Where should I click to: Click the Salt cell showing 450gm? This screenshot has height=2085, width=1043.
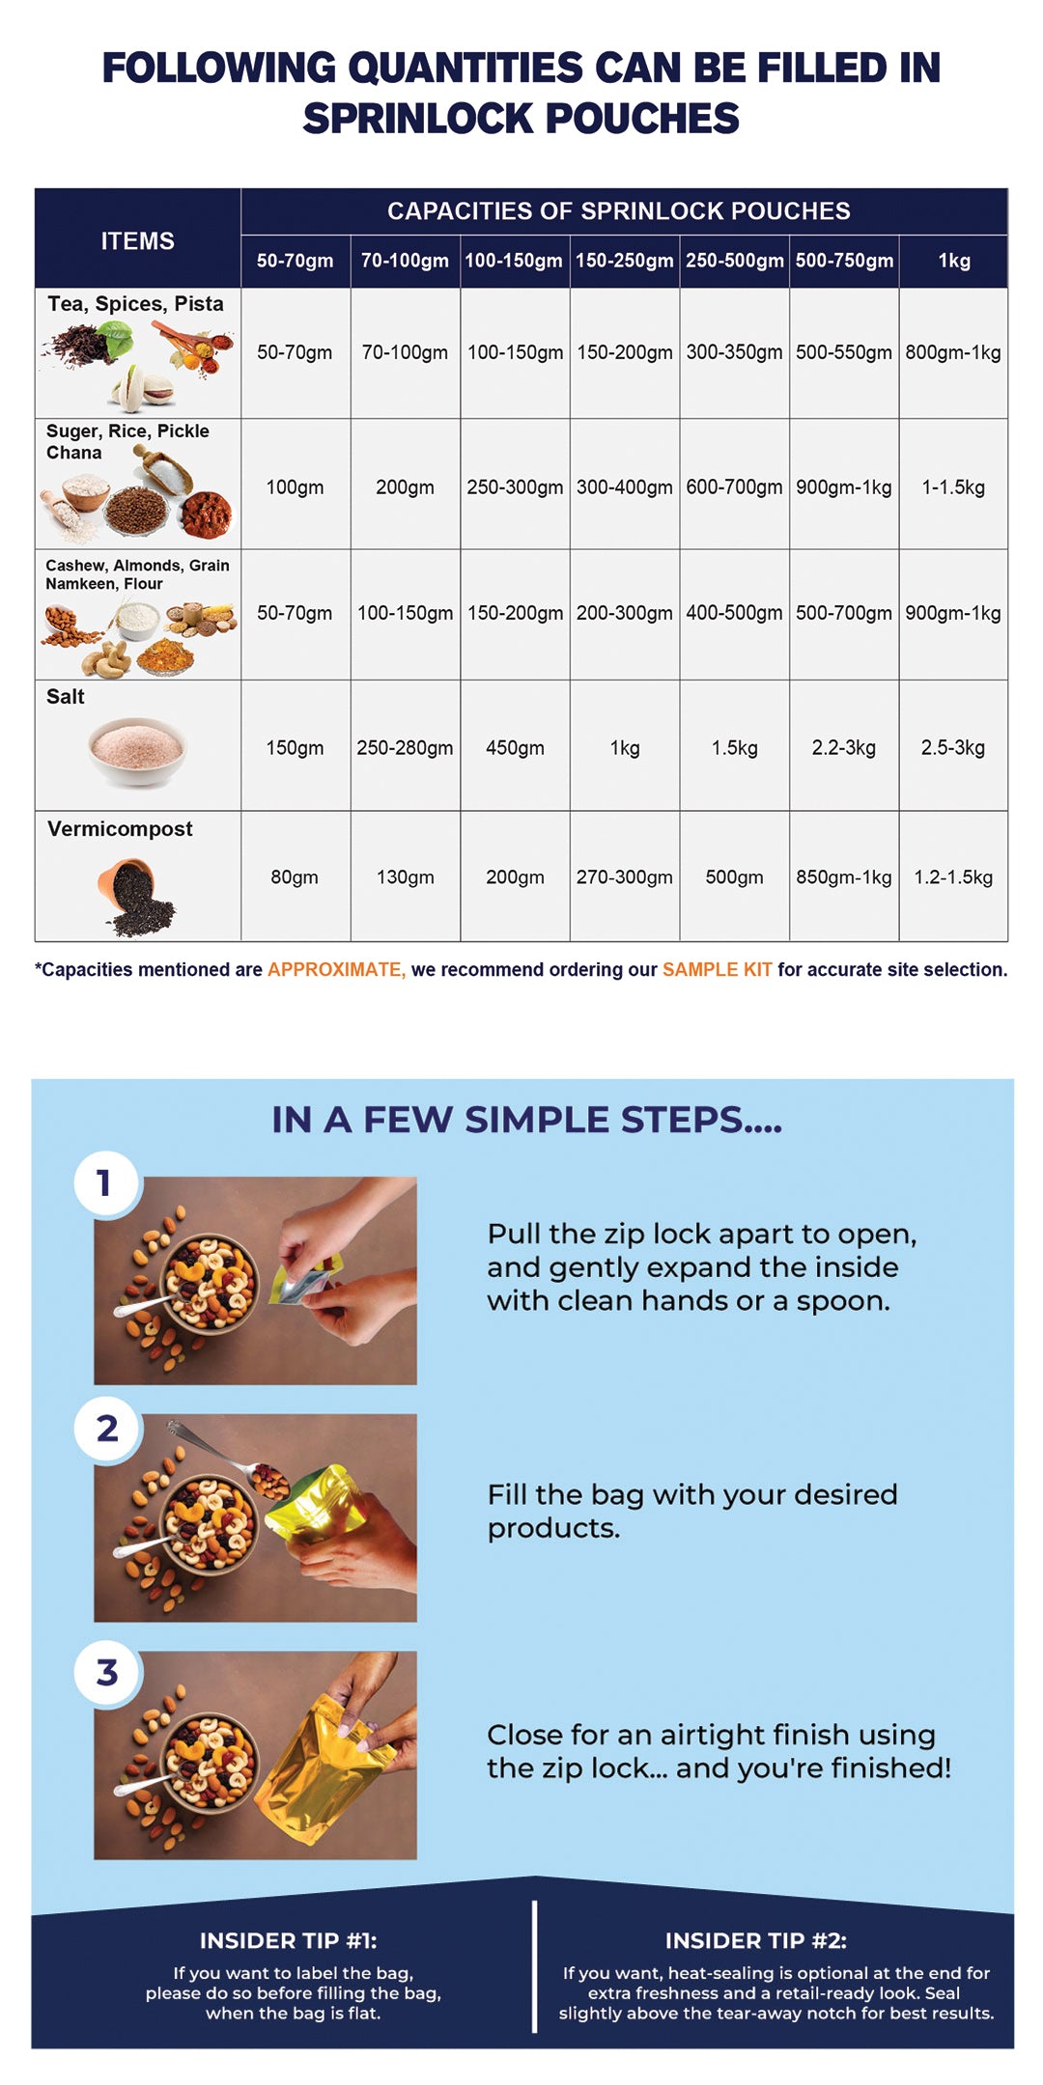515,747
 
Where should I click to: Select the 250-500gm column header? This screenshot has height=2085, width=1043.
735,261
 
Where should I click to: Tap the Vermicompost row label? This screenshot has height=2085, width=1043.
120,829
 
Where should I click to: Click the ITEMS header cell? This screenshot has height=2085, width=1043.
138,240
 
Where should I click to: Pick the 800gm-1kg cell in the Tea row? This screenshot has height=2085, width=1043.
953,352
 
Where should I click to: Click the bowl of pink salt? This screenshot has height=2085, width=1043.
137,752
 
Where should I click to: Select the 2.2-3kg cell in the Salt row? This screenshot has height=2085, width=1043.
844,747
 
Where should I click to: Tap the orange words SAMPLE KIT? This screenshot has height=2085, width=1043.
718,969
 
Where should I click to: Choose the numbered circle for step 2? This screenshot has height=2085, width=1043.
107,1429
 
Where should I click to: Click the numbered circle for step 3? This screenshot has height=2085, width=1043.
107,1673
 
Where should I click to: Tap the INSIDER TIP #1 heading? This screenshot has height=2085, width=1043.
289,1940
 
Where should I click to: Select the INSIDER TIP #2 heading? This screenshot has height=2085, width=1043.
756,1940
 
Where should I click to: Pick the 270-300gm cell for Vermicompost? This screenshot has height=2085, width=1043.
625,877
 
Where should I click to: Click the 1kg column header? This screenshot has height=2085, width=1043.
954,261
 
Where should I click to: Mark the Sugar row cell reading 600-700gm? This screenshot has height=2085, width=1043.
735,487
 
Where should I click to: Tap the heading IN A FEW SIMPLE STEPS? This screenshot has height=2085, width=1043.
527,1120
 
